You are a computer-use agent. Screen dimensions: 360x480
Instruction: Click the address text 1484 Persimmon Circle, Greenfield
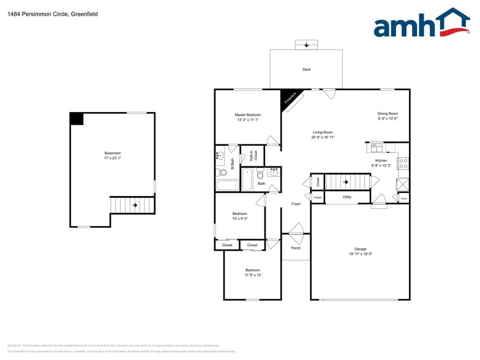pos(43,13)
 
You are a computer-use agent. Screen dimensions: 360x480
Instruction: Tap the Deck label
pos(307,70)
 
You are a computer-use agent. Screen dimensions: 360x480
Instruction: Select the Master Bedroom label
pos(248,115)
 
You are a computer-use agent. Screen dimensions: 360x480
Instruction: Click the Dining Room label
pos(388,113)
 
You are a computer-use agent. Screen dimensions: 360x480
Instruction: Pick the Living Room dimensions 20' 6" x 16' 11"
pos(323,137)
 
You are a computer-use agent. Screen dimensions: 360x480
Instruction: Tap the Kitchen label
pos(381,160)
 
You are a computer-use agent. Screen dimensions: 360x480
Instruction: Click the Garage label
pos(361,249)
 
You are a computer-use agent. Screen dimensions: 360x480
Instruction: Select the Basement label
pos(113,153)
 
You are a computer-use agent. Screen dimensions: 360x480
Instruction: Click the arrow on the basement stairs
pos(134,205)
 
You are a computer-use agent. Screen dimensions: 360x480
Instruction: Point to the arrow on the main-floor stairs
pos(346,182)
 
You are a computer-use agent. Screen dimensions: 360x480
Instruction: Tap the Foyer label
pos(296,204)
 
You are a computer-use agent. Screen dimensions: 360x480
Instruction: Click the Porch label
pos(296,248)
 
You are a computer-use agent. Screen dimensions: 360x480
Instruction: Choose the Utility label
pos(347,197)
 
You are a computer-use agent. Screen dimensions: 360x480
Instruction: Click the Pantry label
pos(403,198)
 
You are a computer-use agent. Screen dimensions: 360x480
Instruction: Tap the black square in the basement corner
pos(77,119)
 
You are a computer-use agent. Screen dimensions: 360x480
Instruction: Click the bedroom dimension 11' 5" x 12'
pos(253,275)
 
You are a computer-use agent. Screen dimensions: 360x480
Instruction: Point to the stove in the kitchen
pos(403,163)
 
